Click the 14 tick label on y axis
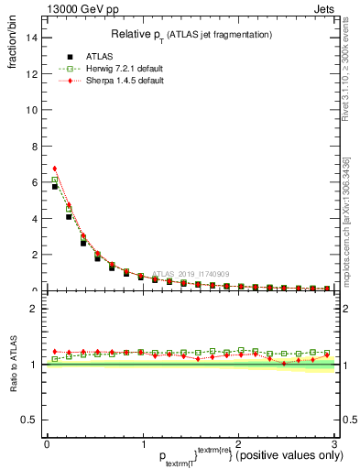coord(32,38)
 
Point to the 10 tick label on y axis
coord(32,110)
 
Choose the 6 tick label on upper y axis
coord(35,182)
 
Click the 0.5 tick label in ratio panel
coord(29,420)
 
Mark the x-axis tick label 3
coord(334,443)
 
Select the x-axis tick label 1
coord(142,443)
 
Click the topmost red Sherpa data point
coord(55,169)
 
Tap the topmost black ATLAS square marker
coord(55,186)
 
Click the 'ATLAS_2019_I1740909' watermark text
coord(193,273)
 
